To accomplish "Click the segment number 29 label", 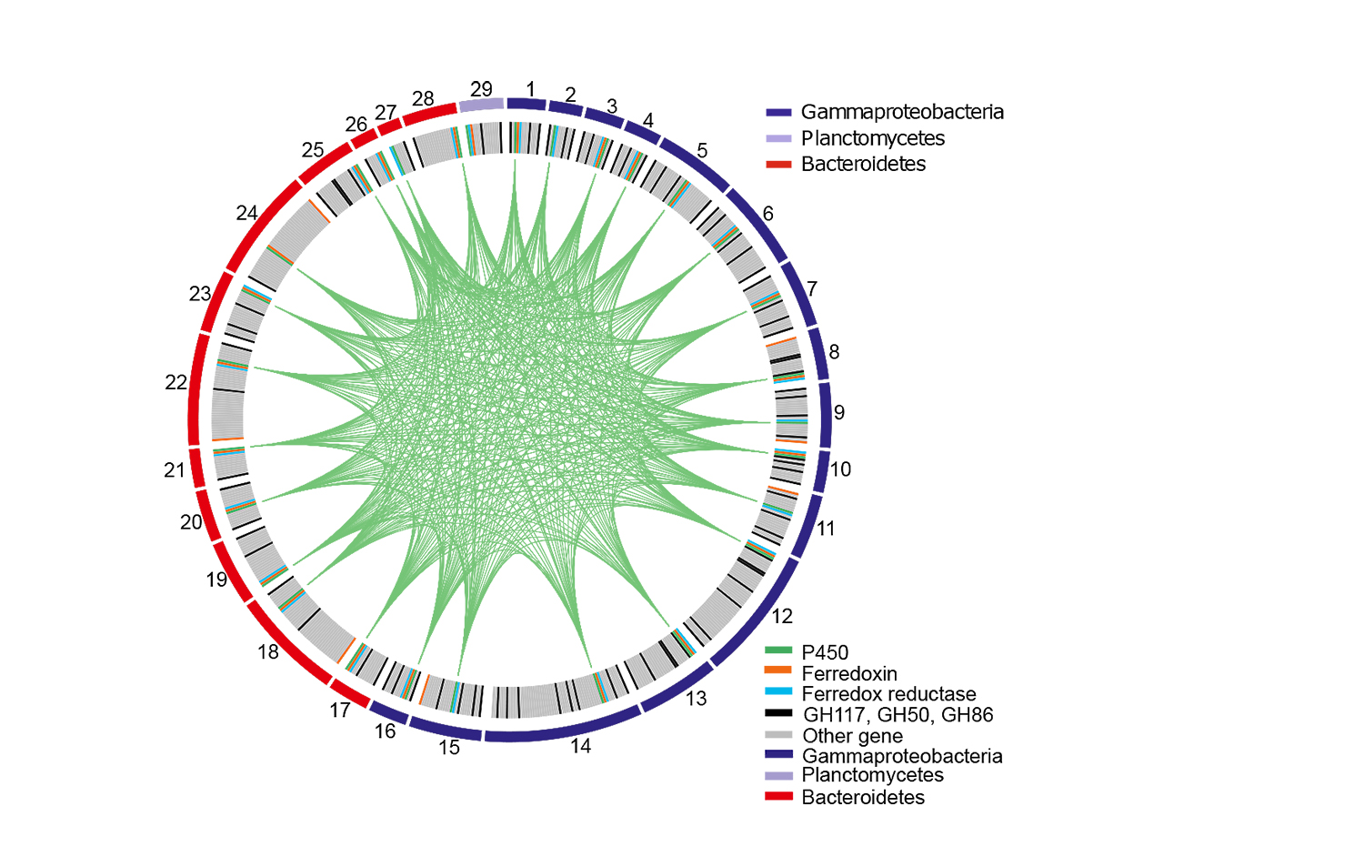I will click(x=481, y=89).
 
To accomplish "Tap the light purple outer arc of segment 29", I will click(x=481, y=106).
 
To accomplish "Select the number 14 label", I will click(x=580, y=746).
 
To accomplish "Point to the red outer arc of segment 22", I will click(x=193, y=391).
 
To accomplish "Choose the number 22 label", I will click(x=176, y=383).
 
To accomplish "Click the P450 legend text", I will click(x=825, y=652).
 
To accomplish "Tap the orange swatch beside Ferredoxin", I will click(x=779, y=670).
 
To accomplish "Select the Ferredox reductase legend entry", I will click(x=888, y=694).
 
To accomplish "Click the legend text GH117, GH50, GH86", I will click(x=898, y=715).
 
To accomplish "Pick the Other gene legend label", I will click(x=852, y=736).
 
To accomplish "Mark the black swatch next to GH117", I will click(x=779, y=713).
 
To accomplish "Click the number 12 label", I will click(x=782, y=616).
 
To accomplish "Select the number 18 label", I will click(x=268, y=651).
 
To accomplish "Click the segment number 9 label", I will click(x=839, y=412).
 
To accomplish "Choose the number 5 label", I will click(x=702, y=150).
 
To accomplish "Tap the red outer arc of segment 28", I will click(x=429, y=114).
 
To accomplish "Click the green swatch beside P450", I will click(x=779, y=650).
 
